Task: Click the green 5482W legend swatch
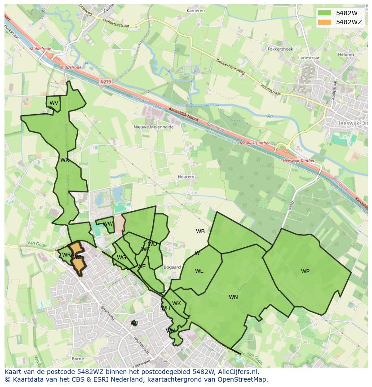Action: pos(324,13)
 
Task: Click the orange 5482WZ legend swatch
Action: pos(324,22)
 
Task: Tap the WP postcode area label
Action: pos(305,271)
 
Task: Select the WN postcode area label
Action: pos(233,297)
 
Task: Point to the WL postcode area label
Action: pos(199,271)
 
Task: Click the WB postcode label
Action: pos(200,231)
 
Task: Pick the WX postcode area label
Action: pos(65,160)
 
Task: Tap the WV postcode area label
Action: pos(54,103)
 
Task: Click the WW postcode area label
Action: pos(108,223)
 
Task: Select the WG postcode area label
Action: pos(121,258)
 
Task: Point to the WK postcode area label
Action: pos(177,303)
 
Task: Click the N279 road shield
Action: pos(106,82)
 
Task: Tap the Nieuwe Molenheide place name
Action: pos(154,127)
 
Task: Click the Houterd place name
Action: pos(186,177)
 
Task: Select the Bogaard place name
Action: pos(173,267)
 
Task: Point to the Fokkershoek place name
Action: pos(280,49)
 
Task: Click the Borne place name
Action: pos(78,359)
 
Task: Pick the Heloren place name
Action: pos(346,54)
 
